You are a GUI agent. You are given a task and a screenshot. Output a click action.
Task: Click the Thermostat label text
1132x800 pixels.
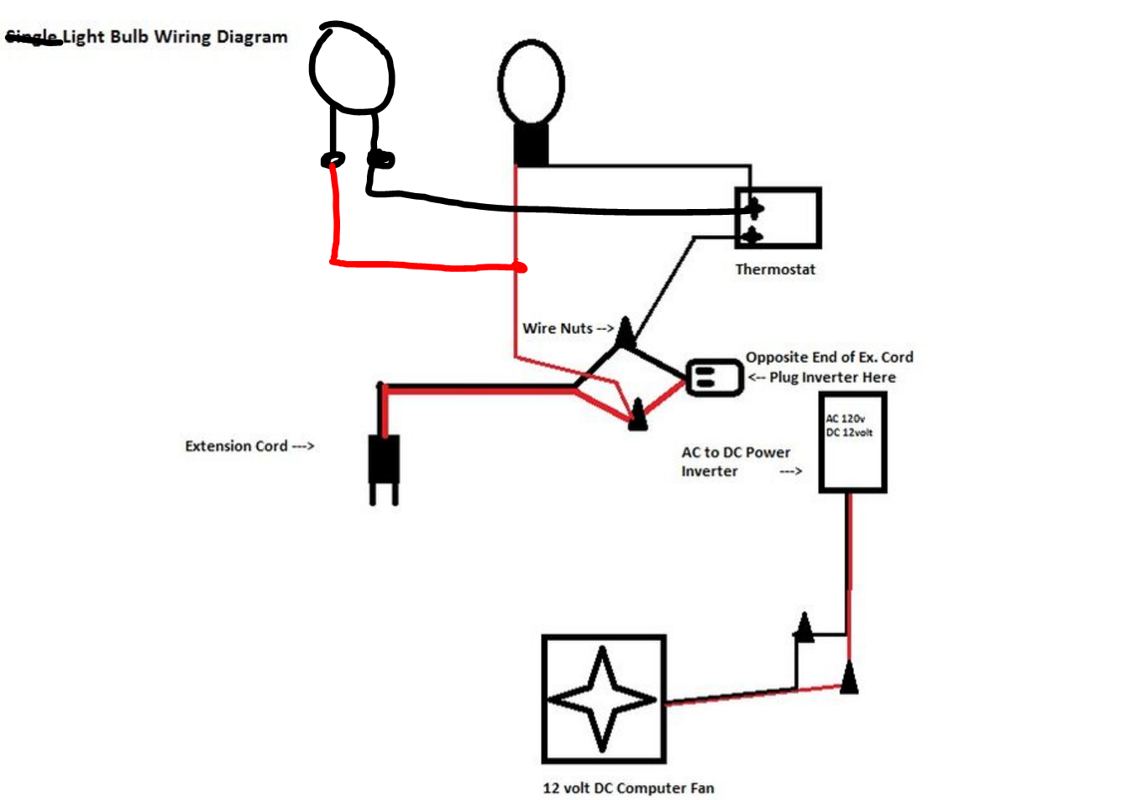(775, 269)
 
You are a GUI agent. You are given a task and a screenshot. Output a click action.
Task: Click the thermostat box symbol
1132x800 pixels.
(778, 218)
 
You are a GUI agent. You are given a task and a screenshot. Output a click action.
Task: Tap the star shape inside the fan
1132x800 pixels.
(602, 698)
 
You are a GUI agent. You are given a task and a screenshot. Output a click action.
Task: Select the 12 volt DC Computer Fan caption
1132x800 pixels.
(628, 788)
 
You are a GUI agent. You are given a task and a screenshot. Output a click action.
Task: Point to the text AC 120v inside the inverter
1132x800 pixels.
(845, 418)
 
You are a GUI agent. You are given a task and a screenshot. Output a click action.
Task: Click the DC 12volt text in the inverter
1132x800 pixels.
(849, 432)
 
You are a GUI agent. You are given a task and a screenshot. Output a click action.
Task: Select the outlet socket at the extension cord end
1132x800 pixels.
(714, 377)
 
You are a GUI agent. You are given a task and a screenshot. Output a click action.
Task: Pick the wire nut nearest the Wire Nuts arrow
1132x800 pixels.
(626, 333)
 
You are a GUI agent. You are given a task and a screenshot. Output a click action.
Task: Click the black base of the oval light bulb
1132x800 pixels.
(532, 144)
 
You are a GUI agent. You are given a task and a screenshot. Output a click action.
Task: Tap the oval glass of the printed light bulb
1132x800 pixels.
(531, 82)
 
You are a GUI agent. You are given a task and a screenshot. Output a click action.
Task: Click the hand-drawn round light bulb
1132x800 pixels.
(352, 70)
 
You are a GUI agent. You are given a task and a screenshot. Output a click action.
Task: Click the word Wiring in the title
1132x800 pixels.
(182, 37)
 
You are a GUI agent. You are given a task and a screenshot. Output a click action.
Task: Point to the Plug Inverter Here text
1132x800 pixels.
(831, 378)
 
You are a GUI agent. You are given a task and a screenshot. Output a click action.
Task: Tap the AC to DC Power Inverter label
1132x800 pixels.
(735, 462)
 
